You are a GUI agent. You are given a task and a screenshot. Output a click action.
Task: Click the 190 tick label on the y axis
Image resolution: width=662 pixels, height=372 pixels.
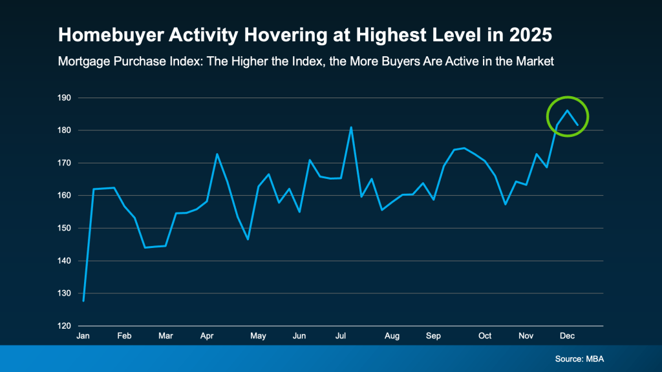65,98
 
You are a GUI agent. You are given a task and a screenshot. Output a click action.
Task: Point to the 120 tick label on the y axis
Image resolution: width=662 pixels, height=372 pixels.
65,326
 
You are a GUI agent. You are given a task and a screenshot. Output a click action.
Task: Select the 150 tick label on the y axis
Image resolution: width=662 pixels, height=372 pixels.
65,229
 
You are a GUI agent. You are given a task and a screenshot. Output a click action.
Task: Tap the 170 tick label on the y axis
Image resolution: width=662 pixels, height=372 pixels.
65,163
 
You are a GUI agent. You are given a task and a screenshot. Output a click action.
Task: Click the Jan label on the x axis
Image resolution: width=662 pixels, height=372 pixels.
83,336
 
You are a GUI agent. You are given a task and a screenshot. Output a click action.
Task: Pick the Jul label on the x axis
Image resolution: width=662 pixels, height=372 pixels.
340,336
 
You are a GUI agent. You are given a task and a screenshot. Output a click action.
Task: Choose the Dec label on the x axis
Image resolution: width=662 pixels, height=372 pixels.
567,336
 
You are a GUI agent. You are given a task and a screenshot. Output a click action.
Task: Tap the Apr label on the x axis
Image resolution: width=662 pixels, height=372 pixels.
207,336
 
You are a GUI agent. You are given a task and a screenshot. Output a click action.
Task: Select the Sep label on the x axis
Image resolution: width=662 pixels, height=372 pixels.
433,336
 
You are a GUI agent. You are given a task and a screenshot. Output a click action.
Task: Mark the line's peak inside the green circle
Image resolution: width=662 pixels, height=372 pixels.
567,110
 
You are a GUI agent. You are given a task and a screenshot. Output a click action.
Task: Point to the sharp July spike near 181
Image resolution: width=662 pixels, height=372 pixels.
351,127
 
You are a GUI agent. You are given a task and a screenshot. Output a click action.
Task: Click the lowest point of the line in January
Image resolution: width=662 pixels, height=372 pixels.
83,301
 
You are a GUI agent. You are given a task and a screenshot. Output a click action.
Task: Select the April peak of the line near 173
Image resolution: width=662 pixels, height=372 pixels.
217,154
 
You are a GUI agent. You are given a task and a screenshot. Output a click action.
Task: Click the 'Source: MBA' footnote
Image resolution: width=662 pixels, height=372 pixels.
579,358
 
